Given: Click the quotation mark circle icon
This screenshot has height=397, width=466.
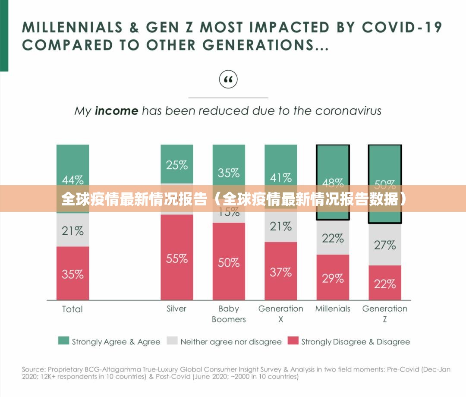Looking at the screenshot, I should tap(228, 79).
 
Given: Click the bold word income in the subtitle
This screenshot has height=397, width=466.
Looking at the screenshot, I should tap(116, 111).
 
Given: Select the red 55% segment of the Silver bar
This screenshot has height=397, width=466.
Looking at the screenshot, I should tap(177, 257).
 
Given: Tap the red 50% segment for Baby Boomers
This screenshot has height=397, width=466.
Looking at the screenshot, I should tap(229, 261).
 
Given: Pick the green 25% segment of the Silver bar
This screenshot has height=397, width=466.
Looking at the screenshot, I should tap(177, 164).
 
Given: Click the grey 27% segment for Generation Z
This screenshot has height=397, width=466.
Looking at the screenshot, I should tap(384, 244).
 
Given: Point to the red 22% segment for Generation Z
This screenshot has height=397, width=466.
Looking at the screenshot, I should tap(384, 283).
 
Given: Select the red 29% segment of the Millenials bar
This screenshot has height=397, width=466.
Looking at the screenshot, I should tap(333, 277).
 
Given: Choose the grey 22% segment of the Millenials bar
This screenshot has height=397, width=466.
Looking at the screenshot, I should tap(333, 238).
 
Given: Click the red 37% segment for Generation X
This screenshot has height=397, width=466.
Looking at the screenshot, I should tap(281, 271).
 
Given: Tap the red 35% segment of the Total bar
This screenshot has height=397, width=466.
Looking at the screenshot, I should tap(72, 273).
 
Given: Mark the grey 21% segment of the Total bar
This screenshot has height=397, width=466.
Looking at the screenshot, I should tap(72, 230).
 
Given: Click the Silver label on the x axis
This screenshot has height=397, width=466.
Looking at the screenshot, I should tap(176, 309).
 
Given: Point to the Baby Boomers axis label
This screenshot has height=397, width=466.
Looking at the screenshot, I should tap(229, 314).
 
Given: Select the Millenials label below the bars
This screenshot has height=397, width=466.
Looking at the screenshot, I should tap(333, 309).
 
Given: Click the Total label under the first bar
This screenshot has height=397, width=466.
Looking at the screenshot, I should tap(72, 309).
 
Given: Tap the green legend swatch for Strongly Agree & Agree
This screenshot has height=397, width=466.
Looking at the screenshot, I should tap(63, 341).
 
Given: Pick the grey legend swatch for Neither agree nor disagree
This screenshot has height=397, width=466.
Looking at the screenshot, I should tap(172, 341).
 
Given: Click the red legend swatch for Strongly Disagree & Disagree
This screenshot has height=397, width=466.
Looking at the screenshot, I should tap(293, 341).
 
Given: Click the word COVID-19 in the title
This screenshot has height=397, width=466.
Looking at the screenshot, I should tap(402, 27).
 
